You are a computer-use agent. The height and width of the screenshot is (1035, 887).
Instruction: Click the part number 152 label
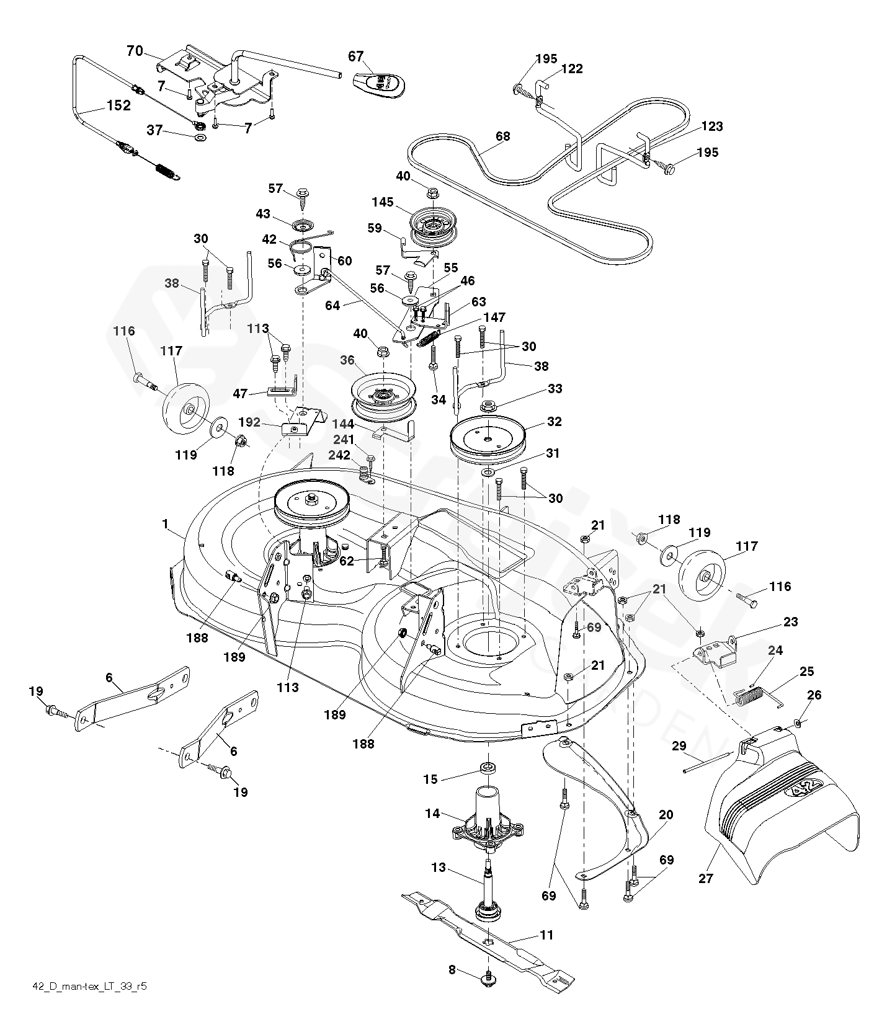tap(118, 105)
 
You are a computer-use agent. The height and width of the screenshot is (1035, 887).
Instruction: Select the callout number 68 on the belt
tap(502, 136)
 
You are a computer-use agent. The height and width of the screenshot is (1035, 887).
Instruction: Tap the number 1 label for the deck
tap(165, 524)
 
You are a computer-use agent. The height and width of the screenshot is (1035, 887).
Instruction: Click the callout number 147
tap(494, 318)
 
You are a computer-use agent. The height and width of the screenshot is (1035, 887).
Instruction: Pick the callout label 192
tap(249, 422)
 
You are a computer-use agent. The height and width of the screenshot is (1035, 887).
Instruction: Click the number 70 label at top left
tap(135, 51)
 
